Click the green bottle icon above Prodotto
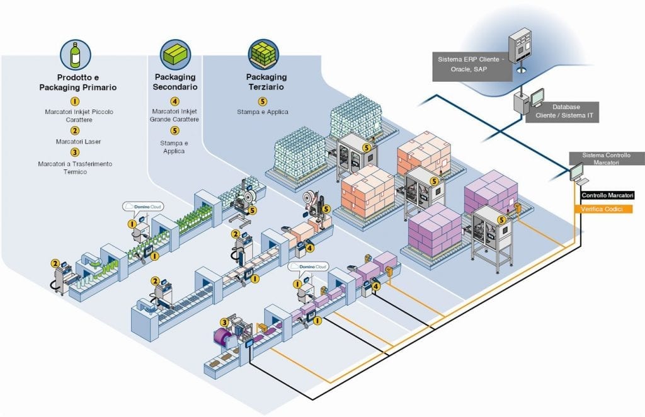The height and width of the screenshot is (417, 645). click(x=75, y=54)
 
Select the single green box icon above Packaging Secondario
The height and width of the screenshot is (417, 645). click(x=175, y=54)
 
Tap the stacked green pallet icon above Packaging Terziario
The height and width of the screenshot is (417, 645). click(x=263, y=54)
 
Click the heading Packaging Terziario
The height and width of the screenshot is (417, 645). click(x=263, y=82)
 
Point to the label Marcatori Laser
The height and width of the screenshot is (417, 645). click(x=75, y=141)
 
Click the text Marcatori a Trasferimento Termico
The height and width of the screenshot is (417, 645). click(x=75, y=168)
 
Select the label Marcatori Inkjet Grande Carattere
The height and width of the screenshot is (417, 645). click(x=175, y=115)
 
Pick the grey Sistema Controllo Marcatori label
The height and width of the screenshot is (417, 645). click(x=606, y=158)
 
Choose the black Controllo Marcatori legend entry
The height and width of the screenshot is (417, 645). click(x=607, y=196)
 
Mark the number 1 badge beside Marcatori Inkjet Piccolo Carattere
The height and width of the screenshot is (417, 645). click(x=75, y=101)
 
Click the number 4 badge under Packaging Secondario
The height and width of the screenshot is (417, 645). click(x=175, y=101)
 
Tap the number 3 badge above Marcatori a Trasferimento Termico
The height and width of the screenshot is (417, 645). click(x=75, y=152)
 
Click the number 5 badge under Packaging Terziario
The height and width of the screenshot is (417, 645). click(x=263, y=101)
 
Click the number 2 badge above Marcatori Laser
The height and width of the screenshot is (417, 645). click(x=75, y=130)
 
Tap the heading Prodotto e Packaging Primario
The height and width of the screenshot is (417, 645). click(x=75, y=82)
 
